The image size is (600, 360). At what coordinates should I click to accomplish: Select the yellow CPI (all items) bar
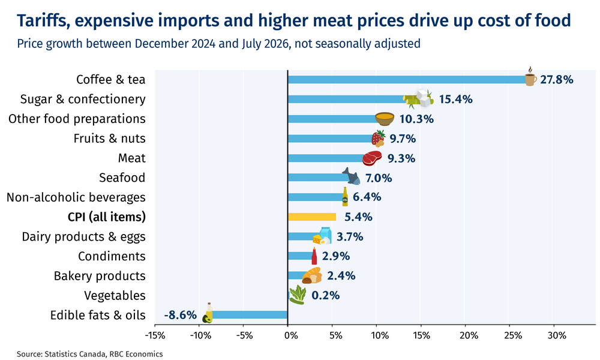click(x=312, y=217)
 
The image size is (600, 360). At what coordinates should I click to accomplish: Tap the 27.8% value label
click(x=557, y=80)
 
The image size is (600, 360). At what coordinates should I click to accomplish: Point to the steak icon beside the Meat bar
click(x=372, y=158)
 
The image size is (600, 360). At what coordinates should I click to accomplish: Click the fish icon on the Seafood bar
click(x=351, y=176)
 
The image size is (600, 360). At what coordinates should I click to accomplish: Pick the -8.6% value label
click(x=180, y=315)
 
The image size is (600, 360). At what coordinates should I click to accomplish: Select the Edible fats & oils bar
click(x=249, y=315)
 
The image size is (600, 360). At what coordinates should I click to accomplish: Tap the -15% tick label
click(x=155, y=335)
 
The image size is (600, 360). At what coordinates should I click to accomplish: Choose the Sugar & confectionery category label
click(x=83, y=99)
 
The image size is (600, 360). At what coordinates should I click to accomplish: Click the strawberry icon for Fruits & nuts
click(x=378, y=138)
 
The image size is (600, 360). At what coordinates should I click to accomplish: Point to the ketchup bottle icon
click(x=314, y=256)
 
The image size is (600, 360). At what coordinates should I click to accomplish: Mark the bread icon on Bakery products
click(x=312, y=275)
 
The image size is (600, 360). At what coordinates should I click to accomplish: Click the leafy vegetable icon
click(x=298, y=295)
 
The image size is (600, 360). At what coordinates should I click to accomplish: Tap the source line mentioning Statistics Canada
click(x=89, y=354)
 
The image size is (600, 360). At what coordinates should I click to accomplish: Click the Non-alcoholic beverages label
click(x=76, y=197)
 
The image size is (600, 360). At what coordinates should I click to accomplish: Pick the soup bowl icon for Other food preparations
click(x=385, y=119)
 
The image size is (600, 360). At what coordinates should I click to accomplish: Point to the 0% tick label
click(x=291, y=335)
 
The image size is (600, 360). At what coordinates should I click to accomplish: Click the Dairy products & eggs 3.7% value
click(x=350, y=237)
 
